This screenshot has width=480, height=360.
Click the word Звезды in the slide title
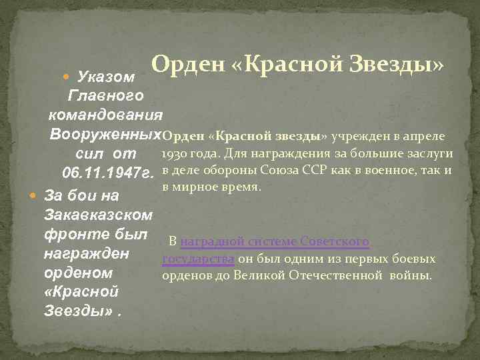pos(391,66)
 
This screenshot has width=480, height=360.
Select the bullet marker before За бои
pos(35,197)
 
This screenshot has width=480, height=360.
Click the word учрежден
pos(357,136)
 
